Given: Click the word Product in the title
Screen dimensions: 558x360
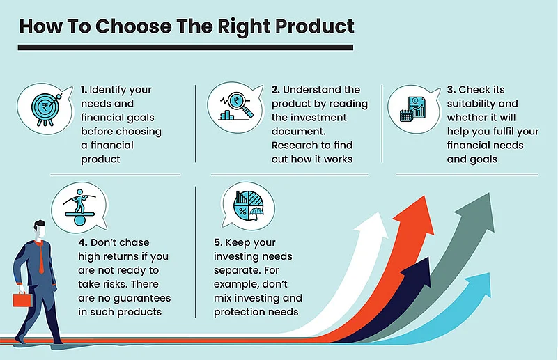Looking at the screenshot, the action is (x=315, y=26).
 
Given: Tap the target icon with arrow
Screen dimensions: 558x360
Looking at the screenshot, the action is (x=46, y=109).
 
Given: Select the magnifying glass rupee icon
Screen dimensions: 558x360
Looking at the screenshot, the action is (x=236, y=106).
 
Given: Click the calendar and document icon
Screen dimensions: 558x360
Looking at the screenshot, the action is (x=413, y=109).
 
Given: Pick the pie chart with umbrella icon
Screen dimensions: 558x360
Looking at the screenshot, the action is (x=249, y=206).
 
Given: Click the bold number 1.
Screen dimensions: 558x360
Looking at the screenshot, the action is (x=84, y=90).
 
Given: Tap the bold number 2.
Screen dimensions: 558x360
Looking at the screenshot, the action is (x=275, y=90).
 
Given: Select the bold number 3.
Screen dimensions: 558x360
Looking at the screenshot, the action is (x=451, y=90).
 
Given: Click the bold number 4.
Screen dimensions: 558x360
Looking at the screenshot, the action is (x=83, y=242).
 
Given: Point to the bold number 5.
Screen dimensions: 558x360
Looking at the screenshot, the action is (x=218, y=242).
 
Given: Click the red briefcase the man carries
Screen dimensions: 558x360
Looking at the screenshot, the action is (x=22, y=299).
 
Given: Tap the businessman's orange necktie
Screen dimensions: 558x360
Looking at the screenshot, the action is (x=41, y=258).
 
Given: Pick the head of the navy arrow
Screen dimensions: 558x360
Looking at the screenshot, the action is (x=417, y=272).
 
